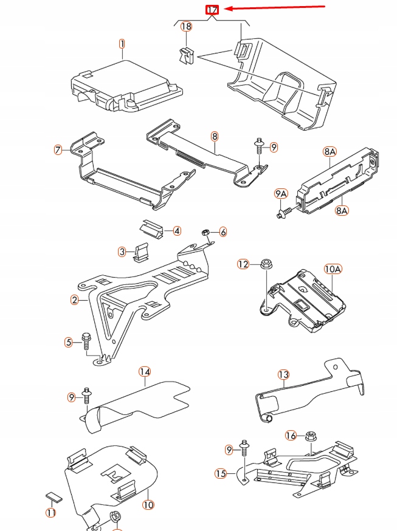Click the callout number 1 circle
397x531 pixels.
(x=122, y=44)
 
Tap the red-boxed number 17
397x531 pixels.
(x=212, y=10)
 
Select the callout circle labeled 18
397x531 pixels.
(x=186, y=27)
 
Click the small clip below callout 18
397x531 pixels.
(x=185, y=55)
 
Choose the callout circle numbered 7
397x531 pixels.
(x=58, y=149)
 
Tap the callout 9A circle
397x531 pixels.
(x=280, y=194)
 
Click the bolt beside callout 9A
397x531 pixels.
(x=284, y=213)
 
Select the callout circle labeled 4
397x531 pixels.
(x=176, y=231)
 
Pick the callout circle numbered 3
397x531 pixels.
(x=122, y=252)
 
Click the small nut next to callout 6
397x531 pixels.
(x=205, y=232)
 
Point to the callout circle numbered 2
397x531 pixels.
(x=75, y=300)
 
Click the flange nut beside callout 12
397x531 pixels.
(x=265, y=264)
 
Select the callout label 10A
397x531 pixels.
(x=333, y=268)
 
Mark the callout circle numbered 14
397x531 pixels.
(x=144, y=371)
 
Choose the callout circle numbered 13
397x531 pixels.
(x=283, y=374)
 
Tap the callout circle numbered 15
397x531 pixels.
(x=220, y=473)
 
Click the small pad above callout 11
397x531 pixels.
(x=54, y=495)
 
